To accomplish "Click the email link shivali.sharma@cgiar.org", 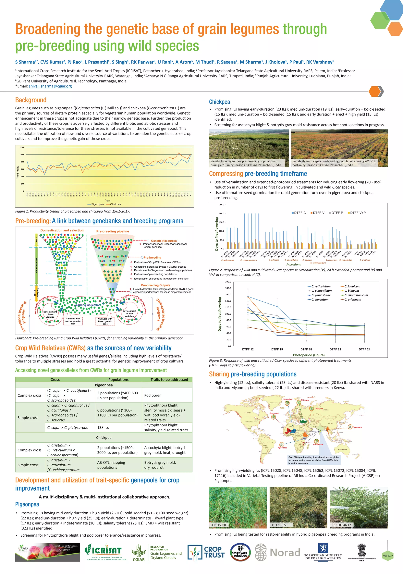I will coord(50,86).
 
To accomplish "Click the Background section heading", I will coord(31,100).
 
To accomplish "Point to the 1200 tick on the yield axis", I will coord(22,147).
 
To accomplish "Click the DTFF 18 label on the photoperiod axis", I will coord(306,349).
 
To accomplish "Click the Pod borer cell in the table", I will coord(153,395).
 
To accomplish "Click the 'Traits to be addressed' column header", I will coord(169,380).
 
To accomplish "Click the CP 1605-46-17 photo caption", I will coord(341,525).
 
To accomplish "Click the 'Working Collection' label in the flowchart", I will coord(88,305).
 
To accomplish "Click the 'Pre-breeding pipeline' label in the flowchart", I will coord(113,231).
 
